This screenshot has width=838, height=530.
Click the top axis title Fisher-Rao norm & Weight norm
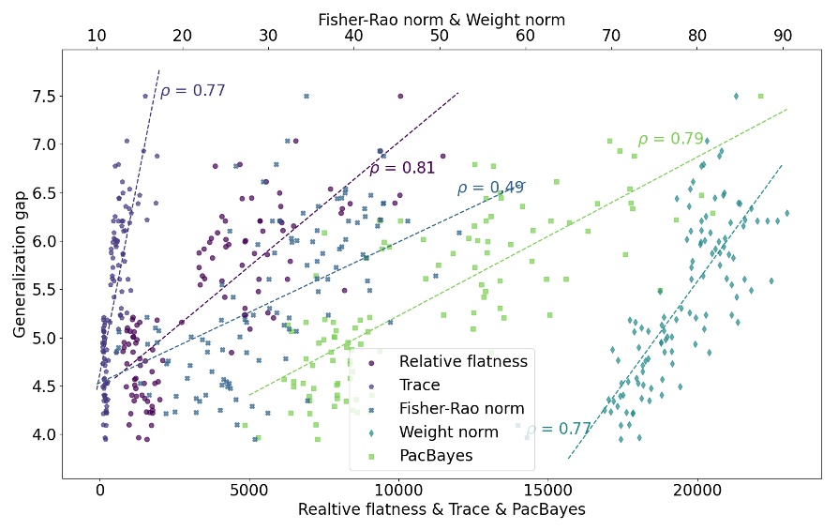441,19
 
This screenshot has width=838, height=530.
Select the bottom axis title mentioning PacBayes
441,510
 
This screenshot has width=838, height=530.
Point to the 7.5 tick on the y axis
43,96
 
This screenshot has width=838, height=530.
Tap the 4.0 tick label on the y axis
43,434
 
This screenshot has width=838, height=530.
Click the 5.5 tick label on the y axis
43,289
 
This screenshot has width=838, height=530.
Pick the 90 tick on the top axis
783,36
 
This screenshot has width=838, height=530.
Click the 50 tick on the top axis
440,36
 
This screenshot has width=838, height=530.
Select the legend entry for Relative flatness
463,361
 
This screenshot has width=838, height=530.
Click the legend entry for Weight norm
448,432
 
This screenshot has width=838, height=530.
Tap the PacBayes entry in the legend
436,456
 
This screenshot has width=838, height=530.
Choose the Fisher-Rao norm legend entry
461,409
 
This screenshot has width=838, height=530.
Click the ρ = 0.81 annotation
402,169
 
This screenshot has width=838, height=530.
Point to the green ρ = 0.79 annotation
670,139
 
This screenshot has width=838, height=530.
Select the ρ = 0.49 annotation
490,188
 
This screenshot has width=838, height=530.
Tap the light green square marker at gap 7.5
760,96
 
